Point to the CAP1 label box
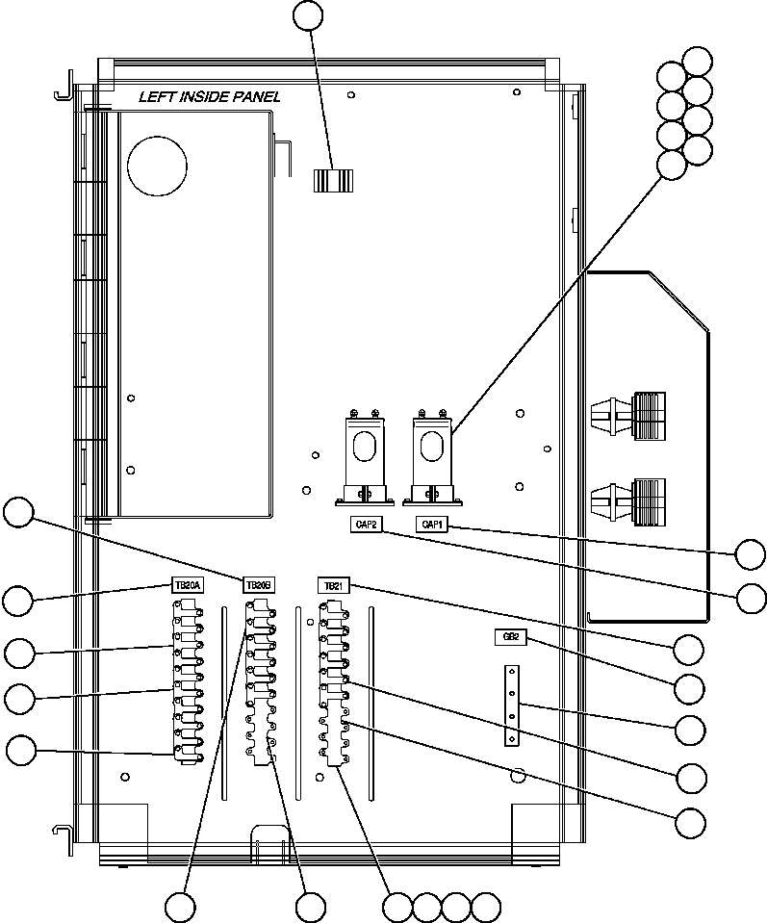pyautogui.click(x=430, y=525)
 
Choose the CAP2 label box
pyautogui.click(x=365, y=525)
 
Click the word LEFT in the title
pyautogui.click(x=156, y=96)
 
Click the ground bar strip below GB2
pyautogui.click(x=512, y=706)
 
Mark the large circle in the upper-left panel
pyautogui.click(x=157, y=165)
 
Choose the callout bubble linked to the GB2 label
pyautogui.click(x=689, y=688)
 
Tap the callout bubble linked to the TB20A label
pyautogui.click(x=16, y=602)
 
